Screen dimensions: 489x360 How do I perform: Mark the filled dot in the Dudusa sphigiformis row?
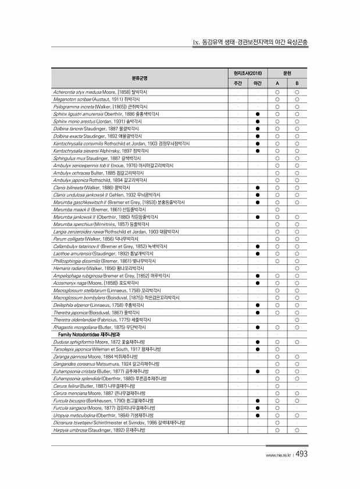(x=257, y=342)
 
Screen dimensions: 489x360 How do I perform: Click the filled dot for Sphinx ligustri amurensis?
(x=257, y=114)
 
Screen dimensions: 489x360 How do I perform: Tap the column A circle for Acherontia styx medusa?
(x=277, y=92)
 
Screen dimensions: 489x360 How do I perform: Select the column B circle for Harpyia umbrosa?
(x=297, y=430)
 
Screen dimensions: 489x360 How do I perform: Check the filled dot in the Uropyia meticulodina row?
(x=257, y=415)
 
